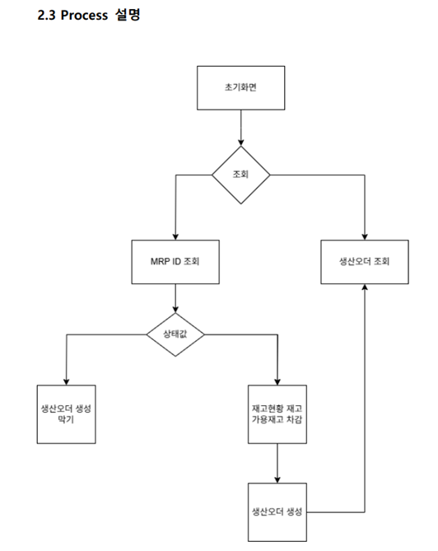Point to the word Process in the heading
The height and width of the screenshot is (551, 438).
point(84,15)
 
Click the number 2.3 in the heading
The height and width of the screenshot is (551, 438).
point(47,15)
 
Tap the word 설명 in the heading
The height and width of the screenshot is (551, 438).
point(128,15)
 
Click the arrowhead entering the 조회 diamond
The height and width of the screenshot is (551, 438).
point(241,142)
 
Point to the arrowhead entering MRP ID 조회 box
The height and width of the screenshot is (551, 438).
point(175,236)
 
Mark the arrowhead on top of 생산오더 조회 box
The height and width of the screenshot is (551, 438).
point(365,236)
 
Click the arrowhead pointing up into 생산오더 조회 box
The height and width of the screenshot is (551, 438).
point(365,287)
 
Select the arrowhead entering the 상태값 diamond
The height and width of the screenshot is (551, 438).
point(175,309)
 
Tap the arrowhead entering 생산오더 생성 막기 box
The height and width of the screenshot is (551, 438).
point(67,381)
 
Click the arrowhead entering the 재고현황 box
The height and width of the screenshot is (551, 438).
point(277,381)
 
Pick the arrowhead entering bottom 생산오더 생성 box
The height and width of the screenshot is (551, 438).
point(277,479)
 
